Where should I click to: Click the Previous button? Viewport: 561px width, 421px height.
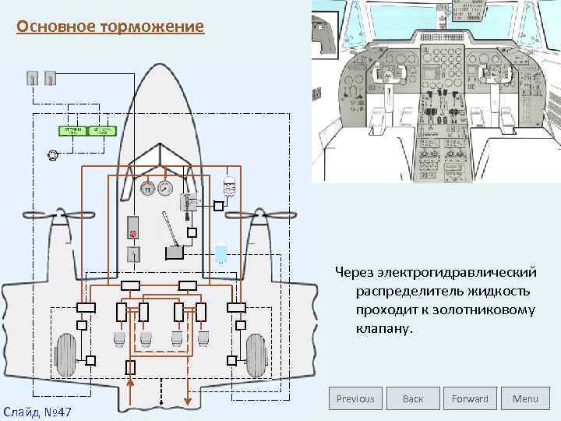click(x=355, y=398)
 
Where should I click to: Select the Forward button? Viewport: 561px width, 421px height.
click(x=470, y=398)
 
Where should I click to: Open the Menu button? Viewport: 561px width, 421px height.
click(x=525, y=398)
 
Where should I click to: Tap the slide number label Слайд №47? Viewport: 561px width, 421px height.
click(x=37, y=410)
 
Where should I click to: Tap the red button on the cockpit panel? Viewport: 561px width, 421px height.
click(x=133, y=233)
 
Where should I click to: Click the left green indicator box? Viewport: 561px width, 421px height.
click(x=72, y=130)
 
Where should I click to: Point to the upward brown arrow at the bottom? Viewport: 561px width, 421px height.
click(x=131, y=389)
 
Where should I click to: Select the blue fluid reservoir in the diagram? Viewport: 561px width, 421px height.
click(x=221, y=253)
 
